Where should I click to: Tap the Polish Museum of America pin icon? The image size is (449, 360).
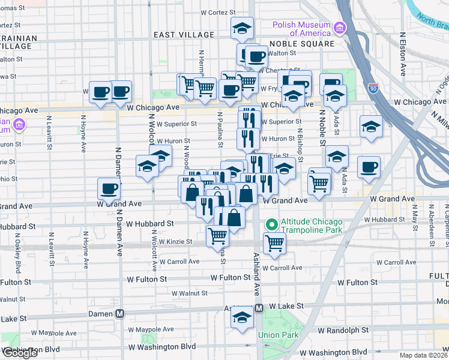[x=340, y=28]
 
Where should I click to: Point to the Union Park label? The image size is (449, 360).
[x=274, y=335]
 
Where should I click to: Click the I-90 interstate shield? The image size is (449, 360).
[x=373, y=88]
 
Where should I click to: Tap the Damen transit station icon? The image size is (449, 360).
[x=120, y=313]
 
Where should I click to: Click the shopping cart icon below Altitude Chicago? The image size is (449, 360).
[x=274, y=243]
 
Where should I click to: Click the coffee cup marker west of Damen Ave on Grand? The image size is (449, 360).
[x=109, y=188]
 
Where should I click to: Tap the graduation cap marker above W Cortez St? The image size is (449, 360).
[x=243, y=28]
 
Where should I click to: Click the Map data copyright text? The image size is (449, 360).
[x=424, y=355]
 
